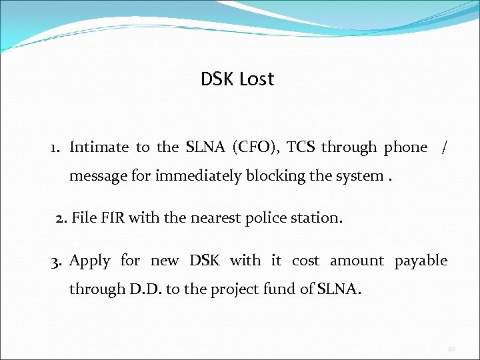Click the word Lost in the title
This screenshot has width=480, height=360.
point(256,79)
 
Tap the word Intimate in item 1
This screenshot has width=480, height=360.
point(99,147)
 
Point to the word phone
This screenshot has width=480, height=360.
point(405,147)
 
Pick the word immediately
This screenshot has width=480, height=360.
point(197,177)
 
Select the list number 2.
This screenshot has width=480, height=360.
point(61,217)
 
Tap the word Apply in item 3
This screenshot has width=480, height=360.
point(89,261)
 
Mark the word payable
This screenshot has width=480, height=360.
point(421,261)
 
